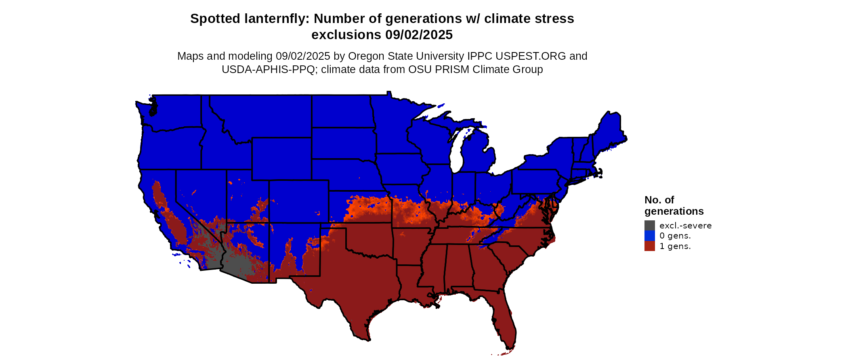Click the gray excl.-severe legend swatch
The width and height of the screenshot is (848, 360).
pos(649,226)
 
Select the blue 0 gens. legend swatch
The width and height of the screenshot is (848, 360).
pos(649,236)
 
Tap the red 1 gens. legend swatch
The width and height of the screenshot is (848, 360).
pos(649,246)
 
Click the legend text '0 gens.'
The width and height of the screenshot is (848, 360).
pos(675,236)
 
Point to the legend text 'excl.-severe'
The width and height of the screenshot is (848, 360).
pos(685,226)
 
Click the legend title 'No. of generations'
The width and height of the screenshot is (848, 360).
pos(674,205)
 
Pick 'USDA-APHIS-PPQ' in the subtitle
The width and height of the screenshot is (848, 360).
pos(268,69)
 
